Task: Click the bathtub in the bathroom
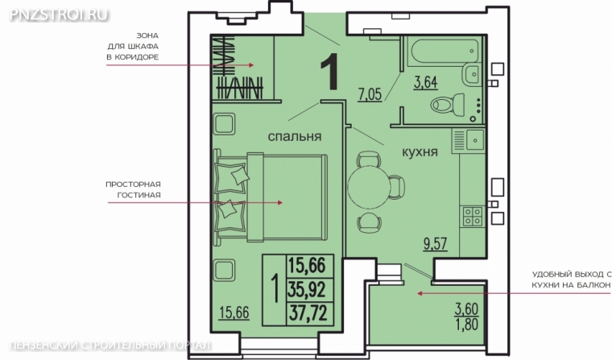443,50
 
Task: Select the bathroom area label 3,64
425,83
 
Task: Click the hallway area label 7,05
370,94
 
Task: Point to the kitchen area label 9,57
435,244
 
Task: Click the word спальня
295,136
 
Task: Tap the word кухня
420,151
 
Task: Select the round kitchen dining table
369,187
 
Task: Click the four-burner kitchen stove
472,217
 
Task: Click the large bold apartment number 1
329,72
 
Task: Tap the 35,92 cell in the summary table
307,290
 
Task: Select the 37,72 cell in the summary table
308,313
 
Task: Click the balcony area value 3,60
466,308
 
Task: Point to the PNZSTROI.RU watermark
58,14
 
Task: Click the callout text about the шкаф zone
133,47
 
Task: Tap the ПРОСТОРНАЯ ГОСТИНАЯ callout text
133,189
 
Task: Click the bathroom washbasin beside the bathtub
472,74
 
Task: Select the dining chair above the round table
369,159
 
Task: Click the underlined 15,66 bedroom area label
234,312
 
